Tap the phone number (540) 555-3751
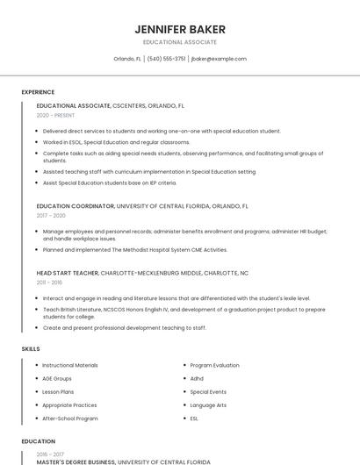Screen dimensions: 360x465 point(166,59)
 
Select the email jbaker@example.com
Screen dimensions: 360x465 point(219,59)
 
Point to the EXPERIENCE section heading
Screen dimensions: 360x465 point(38,92)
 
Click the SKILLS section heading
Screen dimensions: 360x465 point(31,349)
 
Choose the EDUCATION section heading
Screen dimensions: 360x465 point(38,441)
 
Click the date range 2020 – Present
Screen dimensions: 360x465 point(54,115)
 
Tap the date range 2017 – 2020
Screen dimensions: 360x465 point(51,215)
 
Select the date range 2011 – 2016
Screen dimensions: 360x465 point(49,283)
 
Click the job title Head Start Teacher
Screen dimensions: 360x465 point(68,273)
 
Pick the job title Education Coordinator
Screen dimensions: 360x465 point(76,206)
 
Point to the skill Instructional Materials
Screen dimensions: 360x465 point(70,365)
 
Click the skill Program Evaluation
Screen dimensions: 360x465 point(214,365)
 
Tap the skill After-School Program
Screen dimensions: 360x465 point(70,418)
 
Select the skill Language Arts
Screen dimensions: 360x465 point(208,405)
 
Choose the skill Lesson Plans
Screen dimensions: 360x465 point(58,392)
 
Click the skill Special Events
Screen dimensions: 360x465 point(208,392)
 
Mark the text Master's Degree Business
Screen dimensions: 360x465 point(76,461)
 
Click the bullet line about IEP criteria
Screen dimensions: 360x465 point(110,182)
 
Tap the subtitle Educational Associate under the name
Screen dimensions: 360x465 point(179,42)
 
